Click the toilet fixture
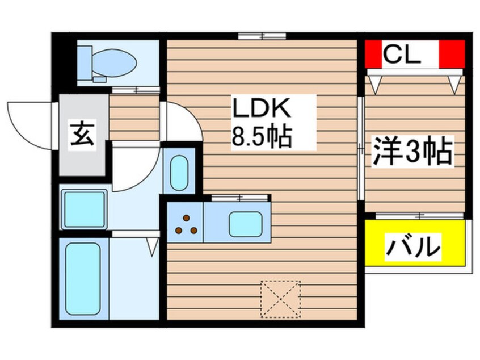107,63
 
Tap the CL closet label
402,55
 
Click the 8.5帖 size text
262,137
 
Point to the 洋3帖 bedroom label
412,152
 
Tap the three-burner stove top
185,223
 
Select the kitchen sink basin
245,223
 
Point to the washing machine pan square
84,209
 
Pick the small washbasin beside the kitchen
179,171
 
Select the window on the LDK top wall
262,37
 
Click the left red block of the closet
374,53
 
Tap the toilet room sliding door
136,90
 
